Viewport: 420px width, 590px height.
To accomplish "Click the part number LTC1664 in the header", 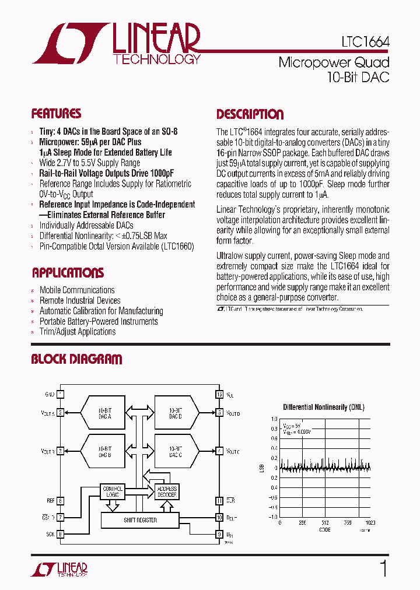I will point(366,43).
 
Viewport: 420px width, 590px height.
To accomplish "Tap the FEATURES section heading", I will point(56,114).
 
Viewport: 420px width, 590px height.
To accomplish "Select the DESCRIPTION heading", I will point(250,114).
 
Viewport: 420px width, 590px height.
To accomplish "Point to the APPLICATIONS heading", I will point(68,273).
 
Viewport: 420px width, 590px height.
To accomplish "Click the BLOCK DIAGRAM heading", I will point(76,359).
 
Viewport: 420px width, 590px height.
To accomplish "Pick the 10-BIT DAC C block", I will point(175,451).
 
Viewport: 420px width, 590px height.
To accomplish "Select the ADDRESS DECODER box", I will point(167,491).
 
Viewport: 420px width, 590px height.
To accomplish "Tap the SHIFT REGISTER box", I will point(140,519).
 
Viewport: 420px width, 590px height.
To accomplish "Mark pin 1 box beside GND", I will point(60,394).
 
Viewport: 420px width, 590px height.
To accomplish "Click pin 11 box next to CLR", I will point(219,500).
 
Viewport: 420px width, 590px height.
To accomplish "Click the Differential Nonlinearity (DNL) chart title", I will point(323,407).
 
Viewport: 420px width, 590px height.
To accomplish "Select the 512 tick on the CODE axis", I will point(325,523).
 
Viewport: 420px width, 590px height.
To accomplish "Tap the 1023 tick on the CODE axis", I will point(370,523).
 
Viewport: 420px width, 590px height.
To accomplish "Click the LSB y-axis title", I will point(261,468).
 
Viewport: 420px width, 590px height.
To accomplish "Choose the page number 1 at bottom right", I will point(383,568).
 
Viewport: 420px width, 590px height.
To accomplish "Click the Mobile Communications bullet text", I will point(77,290).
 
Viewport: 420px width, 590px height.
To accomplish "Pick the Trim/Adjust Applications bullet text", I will point(78,332).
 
